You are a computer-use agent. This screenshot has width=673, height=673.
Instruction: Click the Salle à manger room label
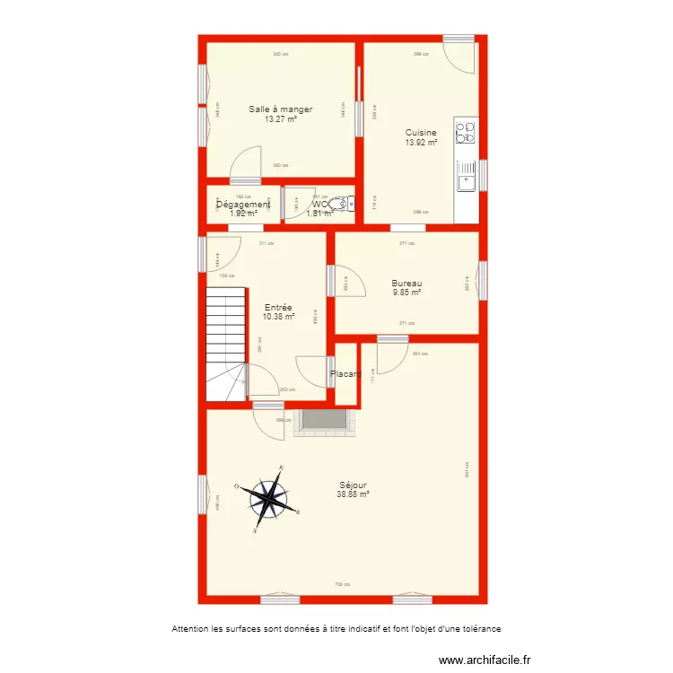tap(280, 109)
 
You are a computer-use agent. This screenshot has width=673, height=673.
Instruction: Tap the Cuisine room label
tap(421, 133)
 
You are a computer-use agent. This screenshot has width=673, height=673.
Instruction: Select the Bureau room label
tap(406, 283)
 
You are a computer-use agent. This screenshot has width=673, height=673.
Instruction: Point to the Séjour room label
tap(354, 485)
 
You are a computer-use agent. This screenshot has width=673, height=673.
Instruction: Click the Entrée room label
tap(278, 307)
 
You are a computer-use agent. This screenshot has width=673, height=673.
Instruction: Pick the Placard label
tap(346, 374)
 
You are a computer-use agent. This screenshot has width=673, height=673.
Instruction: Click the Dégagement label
tap(243, 205)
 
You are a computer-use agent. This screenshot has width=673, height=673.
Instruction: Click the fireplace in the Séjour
tap(323, 421)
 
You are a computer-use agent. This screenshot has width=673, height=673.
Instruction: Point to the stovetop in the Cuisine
tap(466, 133)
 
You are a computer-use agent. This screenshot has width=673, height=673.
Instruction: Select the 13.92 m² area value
tap(421, 142)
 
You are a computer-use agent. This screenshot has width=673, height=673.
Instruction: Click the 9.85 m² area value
tap(406, 292)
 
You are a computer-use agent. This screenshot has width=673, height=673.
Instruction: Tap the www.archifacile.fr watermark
tap(491, 660)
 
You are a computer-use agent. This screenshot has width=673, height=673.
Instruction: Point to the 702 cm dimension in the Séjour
tap(341, 584)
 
